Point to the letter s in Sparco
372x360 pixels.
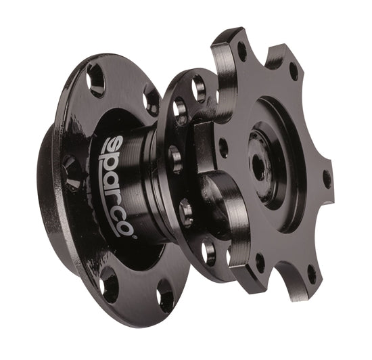(x=114, y=145)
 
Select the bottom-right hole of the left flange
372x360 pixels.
(x=164, y=296)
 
